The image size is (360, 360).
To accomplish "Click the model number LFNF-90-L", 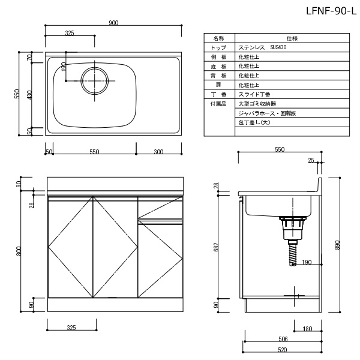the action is pyautogui.click(x=331, y=11).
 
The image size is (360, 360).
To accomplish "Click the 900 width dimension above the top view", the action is pyautogui.click(x=113, y=23).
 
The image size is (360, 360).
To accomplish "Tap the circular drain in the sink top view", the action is pyautogui.click(x=95, y=81).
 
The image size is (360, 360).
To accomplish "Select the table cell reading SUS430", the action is pyautogui.click(x=278, y=47).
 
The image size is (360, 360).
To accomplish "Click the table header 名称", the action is pyautogui.click(x=218, y=38).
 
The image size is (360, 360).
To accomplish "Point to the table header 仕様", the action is pyautogui.click(x=292, y=38).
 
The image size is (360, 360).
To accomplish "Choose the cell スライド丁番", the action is pyautogui.click(x=254, y=94).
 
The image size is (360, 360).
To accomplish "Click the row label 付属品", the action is pyautogui.click(x=218, y=104).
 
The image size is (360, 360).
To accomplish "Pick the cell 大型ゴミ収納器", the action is pyautogui.click(x=257, y=104).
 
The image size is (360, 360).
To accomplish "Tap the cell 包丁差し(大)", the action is pyautogui.click(x=254, y=122).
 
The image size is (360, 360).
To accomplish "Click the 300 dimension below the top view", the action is pyautogui.click(x=158, y=152).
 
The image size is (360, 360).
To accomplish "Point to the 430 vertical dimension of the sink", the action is pyautogui.click(x=29, y=95).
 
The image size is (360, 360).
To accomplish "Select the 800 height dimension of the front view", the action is pyautogui.click(x=19, y=251).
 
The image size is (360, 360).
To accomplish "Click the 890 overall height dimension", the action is pyautogui.click(x=337, y=245).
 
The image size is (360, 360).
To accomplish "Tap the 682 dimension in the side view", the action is pyautogui.click(x=215, y=247).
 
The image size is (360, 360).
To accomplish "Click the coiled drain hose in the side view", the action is pyautogui.click(x=293, y=253).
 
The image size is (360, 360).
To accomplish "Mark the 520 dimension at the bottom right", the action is pyautogui.click(x=283, y=350).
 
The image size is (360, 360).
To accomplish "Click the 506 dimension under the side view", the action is pyautogui.click(x=283, y=339).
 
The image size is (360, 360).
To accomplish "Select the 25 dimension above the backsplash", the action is pyautogui.click(x=311, y=160).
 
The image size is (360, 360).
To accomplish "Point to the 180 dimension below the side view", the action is pyautogui.click(x=307, y=329).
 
